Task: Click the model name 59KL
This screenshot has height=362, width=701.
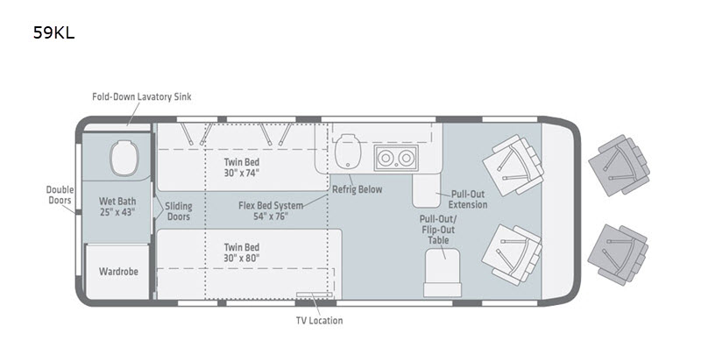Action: coord(53,32)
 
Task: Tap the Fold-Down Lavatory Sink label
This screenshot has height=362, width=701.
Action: coord(142,96)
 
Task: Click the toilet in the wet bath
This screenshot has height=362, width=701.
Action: coord(124,158)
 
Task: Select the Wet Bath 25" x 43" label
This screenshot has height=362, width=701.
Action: coord(117,207)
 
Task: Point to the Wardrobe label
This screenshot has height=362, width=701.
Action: coord(118,272)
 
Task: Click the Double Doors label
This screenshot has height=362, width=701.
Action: coord(60,195)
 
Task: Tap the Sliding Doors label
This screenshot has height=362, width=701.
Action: coord(179,211)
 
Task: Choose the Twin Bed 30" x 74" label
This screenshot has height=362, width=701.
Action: coord(242,167)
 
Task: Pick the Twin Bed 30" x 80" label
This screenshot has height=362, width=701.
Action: coord(242,252)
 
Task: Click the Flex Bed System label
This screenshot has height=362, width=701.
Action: coord(271,210)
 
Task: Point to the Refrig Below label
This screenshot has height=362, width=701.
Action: coord(358,189)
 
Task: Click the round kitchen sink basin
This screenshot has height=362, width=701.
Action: coord(348,152)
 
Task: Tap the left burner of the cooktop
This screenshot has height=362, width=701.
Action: coord(385,158)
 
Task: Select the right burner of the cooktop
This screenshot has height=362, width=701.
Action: coord(406,158)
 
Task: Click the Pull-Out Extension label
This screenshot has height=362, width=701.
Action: coord(468,200)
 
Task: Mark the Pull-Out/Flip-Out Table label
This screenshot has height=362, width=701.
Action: coord(438,230)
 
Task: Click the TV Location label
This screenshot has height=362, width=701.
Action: coord(319,321)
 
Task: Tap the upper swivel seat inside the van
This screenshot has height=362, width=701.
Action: coord(513,165)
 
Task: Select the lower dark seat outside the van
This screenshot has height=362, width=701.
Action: coord(619,254)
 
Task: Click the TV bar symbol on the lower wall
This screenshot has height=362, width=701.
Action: coord(315,295)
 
